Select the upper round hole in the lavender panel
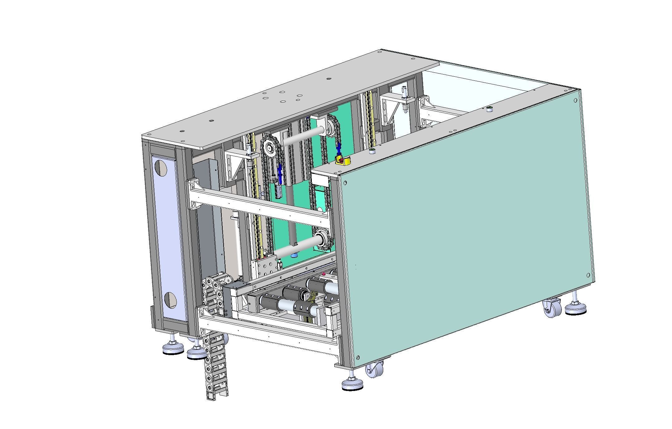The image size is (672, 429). (161, 168)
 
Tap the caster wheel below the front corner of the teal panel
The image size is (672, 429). (374, 370)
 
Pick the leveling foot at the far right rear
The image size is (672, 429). (576, 308)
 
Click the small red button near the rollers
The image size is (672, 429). (324, 274)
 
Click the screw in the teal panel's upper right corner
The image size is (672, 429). (575, 100)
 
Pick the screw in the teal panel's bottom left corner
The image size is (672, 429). (358, 358)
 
